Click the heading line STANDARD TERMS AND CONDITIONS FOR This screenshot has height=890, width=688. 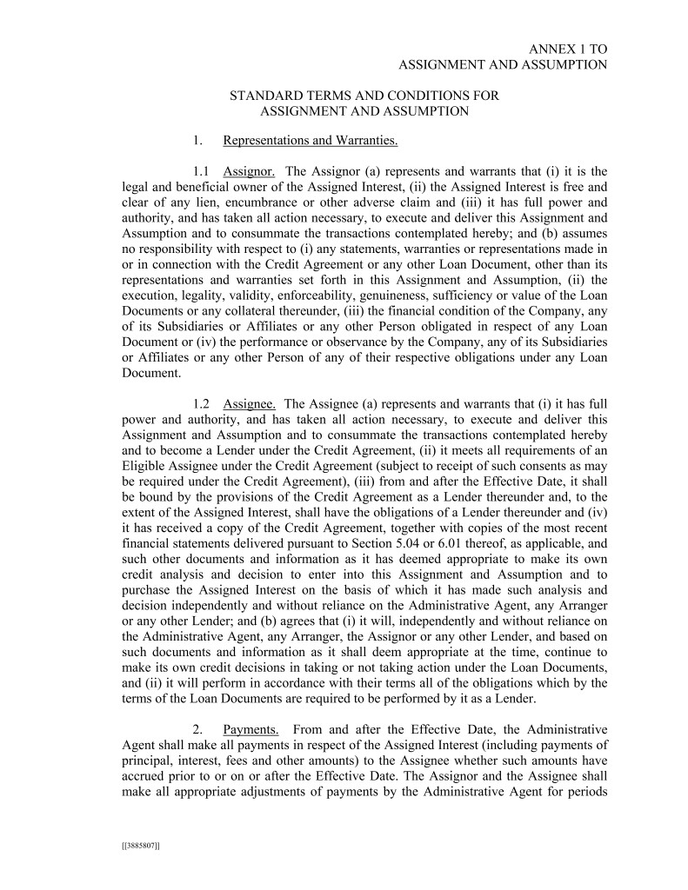coord(364,96)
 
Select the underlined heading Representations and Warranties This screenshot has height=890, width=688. coord(311,141)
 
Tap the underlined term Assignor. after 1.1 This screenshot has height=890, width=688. coord(250,171)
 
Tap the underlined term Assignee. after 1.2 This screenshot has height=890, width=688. coord(250,403)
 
